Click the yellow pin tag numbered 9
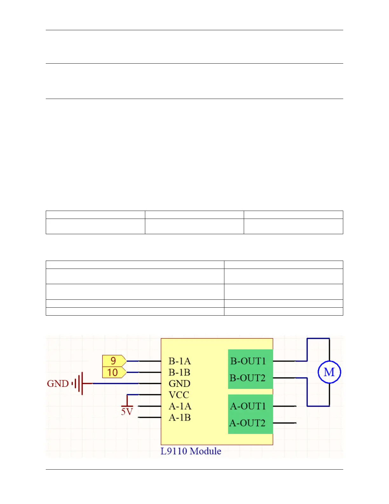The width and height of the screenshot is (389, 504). point(114,361)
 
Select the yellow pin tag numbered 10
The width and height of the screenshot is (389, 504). point(113,372)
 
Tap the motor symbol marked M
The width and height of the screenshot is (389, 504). point(329,372)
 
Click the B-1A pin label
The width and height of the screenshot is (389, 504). point(180,361)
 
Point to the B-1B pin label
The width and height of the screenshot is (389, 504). point(179,372)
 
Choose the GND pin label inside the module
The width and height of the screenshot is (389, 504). point(179,383)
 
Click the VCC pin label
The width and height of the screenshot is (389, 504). point(179,395)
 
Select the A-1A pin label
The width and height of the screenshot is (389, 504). point(180,406)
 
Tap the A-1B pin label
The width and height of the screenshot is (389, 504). point(180,417)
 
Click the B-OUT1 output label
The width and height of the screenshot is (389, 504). point(248,361)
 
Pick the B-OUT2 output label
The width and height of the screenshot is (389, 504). point(248,378)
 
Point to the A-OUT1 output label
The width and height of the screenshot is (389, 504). point(248,406)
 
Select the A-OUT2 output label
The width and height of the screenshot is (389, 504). point(248,423)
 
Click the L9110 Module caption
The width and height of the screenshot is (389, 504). point(191,451)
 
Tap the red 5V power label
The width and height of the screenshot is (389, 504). point(127,412)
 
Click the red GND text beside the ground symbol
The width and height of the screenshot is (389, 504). point(58,383)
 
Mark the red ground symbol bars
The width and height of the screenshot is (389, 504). point(78,383)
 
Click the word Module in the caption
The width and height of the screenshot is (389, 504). point(206,451)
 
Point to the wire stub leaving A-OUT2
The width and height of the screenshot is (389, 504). point(284,423)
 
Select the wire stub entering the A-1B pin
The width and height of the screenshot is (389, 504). point(150,417)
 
